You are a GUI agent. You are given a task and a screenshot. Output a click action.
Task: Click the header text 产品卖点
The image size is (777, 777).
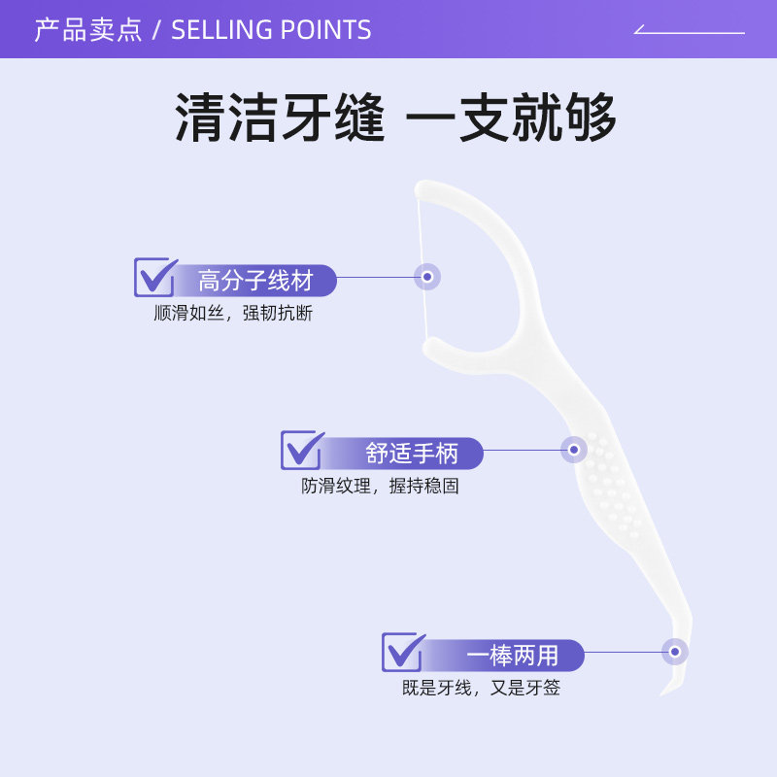pyautogui.click(x=88, y=30)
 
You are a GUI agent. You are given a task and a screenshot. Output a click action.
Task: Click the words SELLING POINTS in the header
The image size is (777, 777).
pyautogui.click(x=271, y=30)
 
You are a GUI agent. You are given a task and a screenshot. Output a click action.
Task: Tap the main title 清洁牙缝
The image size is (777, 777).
pyautogui.click(x=281, y=119)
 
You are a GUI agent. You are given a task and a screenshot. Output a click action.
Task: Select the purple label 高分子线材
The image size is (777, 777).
pyautogui.click(x=255, y=281)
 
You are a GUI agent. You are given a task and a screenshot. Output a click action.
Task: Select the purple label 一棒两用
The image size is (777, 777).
pyautogui.click(x=512, y=656)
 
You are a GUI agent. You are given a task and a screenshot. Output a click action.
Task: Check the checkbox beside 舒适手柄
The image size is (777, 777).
pyautogui.click(x=301, y=450)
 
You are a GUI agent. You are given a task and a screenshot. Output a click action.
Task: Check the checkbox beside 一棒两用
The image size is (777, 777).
pyautogui.click(x=402, y=652)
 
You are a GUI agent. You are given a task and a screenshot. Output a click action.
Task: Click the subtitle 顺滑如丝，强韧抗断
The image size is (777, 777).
pyautogui.click(x=233, y=314)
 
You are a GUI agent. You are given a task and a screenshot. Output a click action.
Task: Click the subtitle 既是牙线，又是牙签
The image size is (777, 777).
pyautogui.click(x=481, y=689)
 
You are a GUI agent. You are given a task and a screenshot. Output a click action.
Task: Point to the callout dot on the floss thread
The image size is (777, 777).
pyautogui.click(x=427, y=277)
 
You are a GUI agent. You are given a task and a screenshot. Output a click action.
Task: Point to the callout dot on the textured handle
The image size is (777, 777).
pyautogui.click(x=574, y=450)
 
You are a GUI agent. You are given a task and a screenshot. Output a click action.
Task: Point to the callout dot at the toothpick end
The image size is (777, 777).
pyautogui.click(x=675, y=652)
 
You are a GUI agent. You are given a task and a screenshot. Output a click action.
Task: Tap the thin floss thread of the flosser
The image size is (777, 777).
pyautogui.click(x=422, y=243)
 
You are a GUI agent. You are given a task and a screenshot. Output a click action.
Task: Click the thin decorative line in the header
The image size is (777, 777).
pyautogui.click(x=690, y=32)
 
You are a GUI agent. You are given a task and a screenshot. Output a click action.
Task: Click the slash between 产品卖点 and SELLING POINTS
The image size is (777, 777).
pyautogui.click(x=156, y=30)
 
